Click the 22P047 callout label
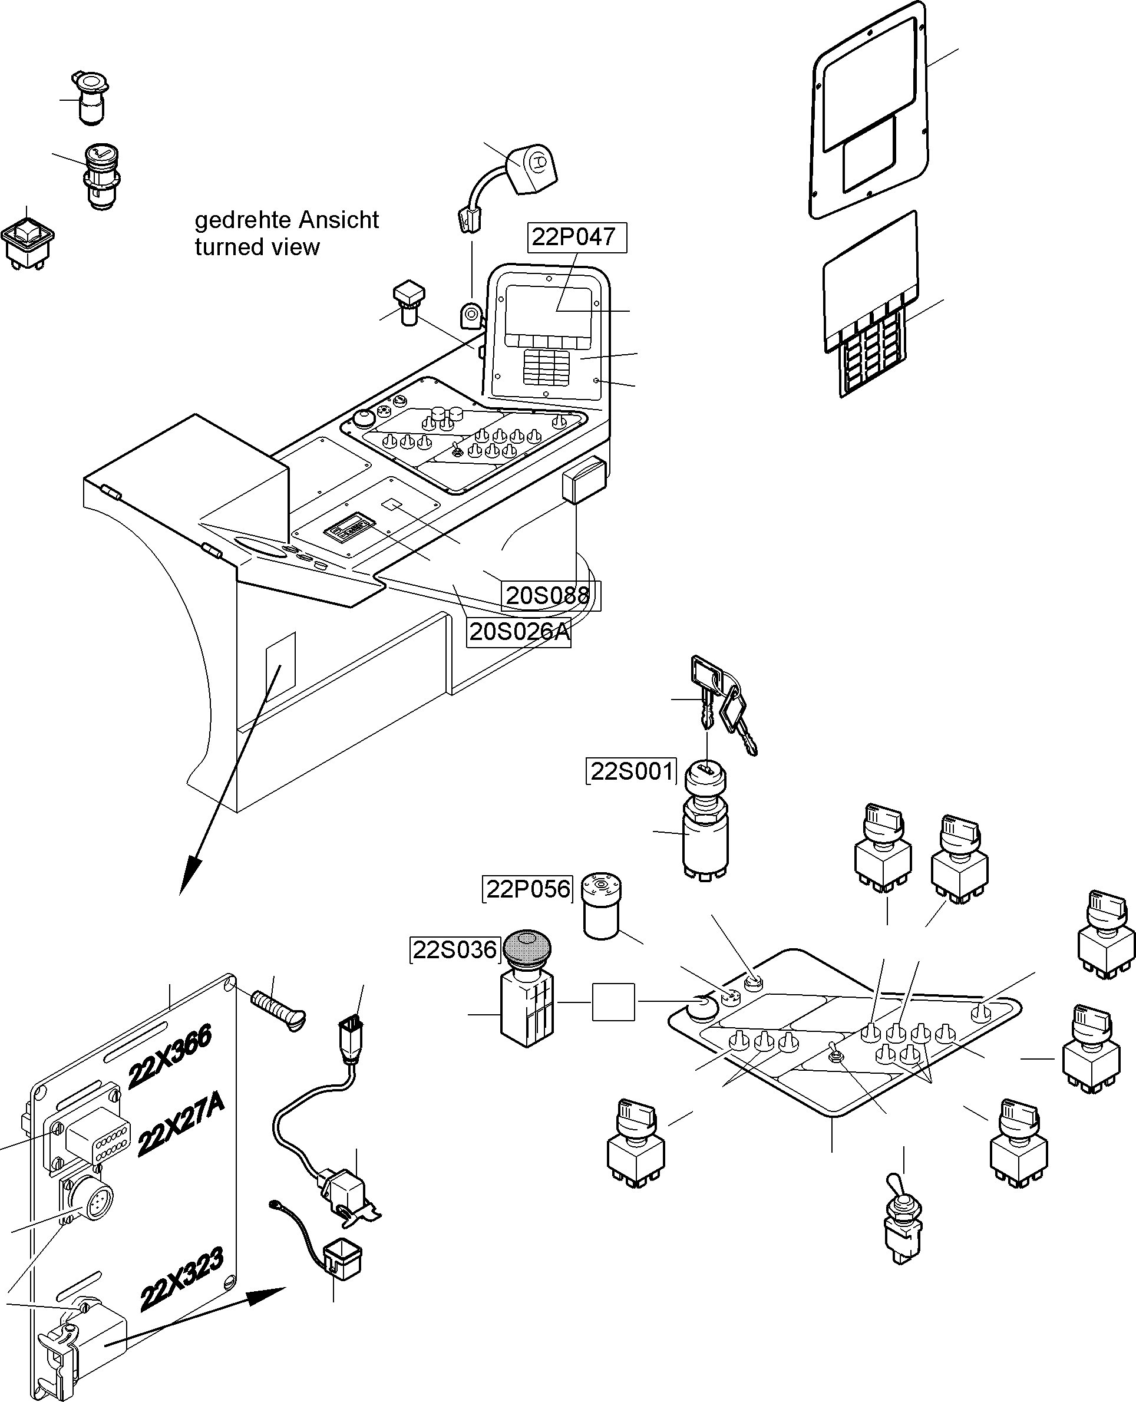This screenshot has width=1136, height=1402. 576,237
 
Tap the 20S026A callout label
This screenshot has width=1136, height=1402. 519,632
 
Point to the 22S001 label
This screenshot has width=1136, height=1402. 632,771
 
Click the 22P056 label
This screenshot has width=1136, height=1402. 527,889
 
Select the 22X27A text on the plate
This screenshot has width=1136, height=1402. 181,1124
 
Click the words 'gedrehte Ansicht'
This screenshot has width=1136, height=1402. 286,220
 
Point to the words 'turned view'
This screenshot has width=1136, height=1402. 257,248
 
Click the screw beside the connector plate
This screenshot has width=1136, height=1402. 278,1007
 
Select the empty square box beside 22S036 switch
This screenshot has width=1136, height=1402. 613,1002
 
